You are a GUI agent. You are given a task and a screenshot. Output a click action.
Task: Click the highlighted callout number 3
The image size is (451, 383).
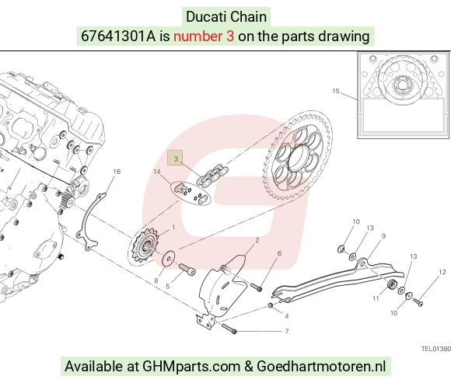click(176, 158)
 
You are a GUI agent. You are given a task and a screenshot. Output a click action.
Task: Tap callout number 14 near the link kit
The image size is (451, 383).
click(157, 172)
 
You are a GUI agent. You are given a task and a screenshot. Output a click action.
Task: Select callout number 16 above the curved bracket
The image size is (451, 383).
click(117, 172)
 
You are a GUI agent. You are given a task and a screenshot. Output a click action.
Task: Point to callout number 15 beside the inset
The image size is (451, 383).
click(336, 91)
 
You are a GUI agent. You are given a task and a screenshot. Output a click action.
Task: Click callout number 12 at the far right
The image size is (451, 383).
click(442, 272)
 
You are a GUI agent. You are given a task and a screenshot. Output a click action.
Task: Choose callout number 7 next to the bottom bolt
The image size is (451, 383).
click(287, 331)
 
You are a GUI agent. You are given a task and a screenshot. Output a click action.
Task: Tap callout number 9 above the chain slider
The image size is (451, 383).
click(383, 236)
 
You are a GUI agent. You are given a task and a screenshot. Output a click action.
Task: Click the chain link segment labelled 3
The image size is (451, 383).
click(212, 175)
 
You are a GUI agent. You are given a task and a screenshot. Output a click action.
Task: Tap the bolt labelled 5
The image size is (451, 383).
click(187, 269)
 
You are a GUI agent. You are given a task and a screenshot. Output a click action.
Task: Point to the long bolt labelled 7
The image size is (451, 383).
click(229, 329)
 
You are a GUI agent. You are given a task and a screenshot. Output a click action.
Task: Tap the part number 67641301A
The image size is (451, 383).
click(118, 37)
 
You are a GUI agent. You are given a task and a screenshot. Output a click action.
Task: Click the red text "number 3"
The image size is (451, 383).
click(204, 37)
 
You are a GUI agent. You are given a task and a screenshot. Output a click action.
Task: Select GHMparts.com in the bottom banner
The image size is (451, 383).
click(191, 367)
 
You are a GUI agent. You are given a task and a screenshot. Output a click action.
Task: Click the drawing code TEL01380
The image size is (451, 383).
click(436, 349)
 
